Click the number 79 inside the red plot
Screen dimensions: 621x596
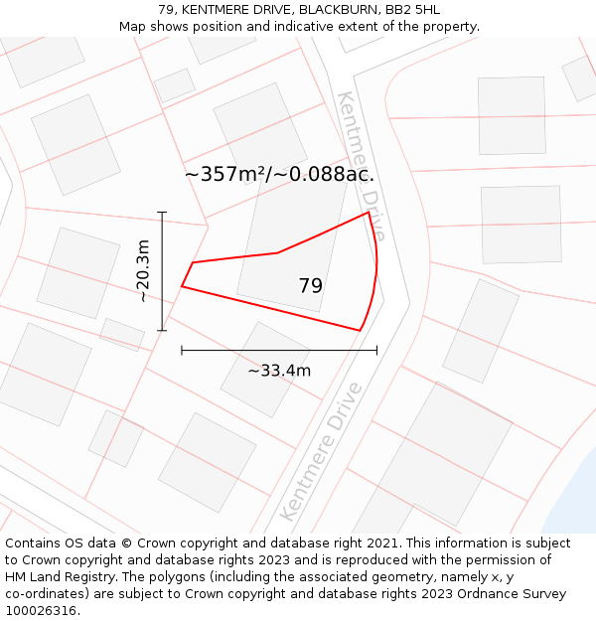[310, 286]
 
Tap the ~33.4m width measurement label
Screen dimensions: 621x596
[279, 371]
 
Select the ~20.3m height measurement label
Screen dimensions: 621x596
[143, 270]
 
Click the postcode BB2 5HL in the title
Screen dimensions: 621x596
[413, 10]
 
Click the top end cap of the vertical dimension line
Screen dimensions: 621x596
[162, 212]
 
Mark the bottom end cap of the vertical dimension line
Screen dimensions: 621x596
[162, 330]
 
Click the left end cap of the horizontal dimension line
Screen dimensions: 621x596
[182, 350]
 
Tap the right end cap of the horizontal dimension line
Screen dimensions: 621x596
[376, 350]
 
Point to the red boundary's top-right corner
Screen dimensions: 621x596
[369, 212]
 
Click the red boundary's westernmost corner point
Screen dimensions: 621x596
[182, 287]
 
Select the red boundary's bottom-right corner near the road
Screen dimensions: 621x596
[359, 330]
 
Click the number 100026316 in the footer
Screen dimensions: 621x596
[40, 610]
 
